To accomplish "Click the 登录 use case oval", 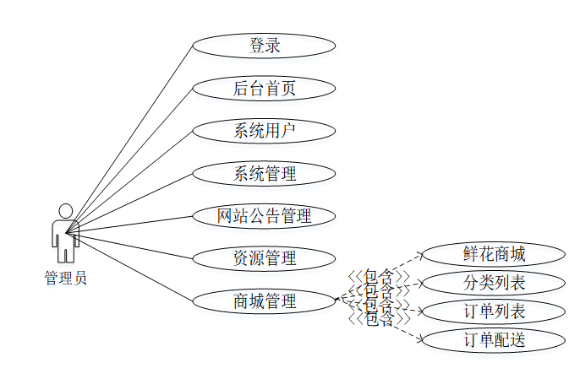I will click(x=264, y=46).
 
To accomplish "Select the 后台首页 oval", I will click(x=264, y=87).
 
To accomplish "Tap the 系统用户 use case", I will click(x=264, y=130).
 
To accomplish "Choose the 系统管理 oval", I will click(x=264, y=174).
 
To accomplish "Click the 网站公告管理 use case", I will click(x=264, y=216).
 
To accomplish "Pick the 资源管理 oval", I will click(x=264, y=258).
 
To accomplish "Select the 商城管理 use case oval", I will click(x=264, y=300).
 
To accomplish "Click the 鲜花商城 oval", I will click(x=494, y=254).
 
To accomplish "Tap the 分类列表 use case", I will click(x=494, y=283).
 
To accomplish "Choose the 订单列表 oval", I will click(x=494, y=311).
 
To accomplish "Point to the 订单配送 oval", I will click(x=494, y=340).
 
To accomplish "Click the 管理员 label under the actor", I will click(x=65, y=278).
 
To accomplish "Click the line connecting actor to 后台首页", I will click(x=135, y=156).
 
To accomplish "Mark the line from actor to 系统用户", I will click(x=135, y=179).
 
